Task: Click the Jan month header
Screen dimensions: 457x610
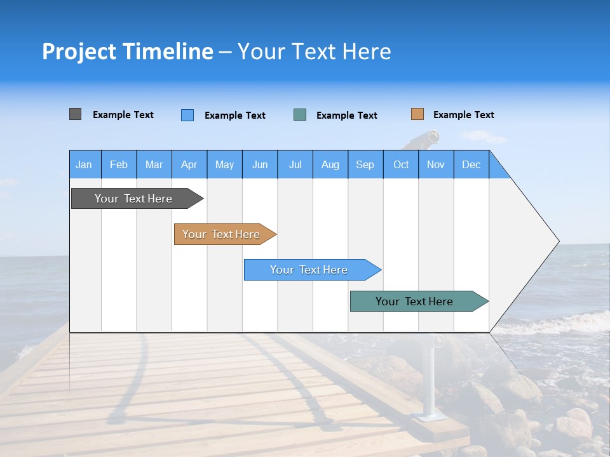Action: [x=85, y=164]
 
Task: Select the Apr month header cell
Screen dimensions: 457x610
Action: [x=189, y=164]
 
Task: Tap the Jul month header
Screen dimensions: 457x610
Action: [x=295, y=164]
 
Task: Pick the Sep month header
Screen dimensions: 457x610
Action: [x=365, y=164]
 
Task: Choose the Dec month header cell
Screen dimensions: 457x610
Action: [x=471, y=164]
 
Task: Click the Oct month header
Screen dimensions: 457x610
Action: [x=400, y=164]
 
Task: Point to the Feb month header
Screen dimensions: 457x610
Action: [x=119, y=164]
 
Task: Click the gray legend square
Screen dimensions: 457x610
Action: [x=75, y=114]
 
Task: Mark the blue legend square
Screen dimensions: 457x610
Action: [x=187, y=115]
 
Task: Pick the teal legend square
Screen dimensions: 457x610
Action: [x=300, y=115]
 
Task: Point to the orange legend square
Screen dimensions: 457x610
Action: [x=417, y=114]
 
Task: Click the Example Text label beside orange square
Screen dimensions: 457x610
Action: [x=463, y=115]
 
